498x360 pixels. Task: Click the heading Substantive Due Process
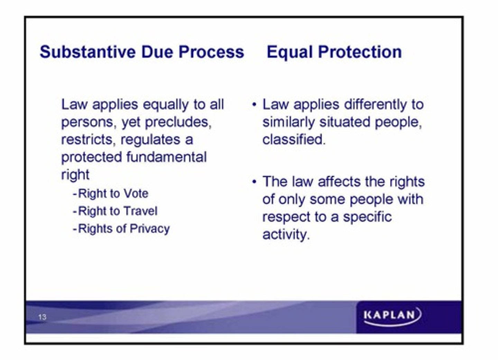click(142, 52)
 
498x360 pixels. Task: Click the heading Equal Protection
click(334, 52)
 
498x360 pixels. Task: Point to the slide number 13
click(42, 317)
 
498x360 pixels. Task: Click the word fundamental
click(166, 157)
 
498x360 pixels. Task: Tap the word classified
click(294, 140)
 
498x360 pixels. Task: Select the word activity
click(285, 235)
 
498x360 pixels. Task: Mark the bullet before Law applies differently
click(255, 104)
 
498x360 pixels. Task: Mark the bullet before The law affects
click(255, 181)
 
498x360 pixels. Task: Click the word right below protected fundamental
click(75, 175)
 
